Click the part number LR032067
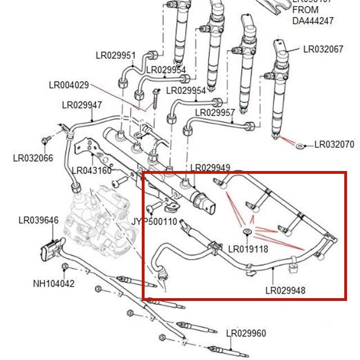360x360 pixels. coord(323,49)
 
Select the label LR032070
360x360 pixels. coord(334,145)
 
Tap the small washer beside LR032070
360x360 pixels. coord(301,146)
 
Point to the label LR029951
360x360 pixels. coord(115,56)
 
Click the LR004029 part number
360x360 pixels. coord(69,85)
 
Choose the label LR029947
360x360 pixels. coord(82,105)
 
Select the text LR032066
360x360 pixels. coord(33,158)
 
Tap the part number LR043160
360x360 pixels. coord(92,170)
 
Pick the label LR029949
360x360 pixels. coord(210,168)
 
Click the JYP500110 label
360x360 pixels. coord(154,222)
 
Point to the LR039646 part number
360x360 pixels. coord(38,220)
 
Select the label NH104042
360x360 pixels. coord(53,284)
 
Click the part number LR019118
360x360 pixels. coord(248,249)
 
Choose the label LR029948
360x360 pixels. coord(286,291)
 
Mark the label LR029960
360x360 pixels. coord(246,334)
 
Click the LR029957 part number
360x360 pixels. coord(215,112)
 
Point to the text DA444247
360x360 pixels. coord(313,21)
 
